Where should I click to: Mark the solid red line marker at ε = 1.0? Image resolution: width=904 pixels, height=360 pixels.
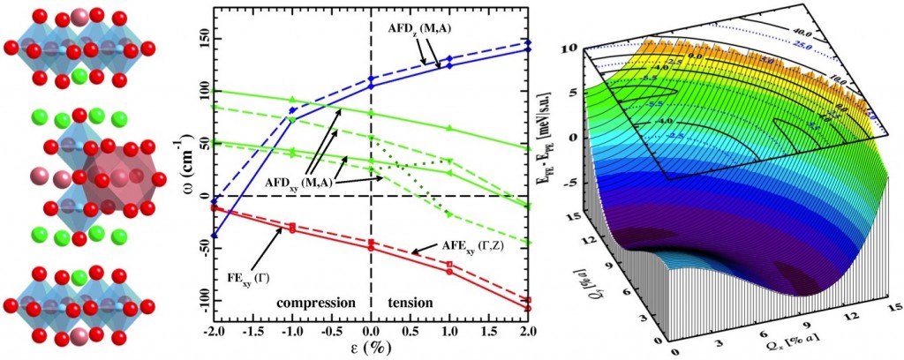click(x=449, y=271)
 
